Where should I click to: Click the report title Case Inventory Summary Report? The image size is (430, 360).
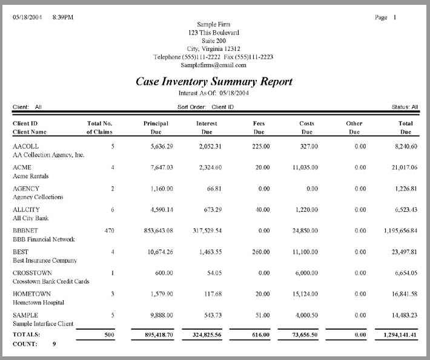(214, 82)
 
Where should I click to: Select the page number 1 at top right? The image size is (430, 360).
(395, 18)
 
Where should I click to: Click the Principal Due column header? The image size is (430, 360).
(156, 127)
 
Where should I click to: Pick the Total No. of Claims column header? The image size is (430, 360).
(100, 127)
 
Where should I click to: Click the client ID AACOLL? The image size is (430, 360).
(25, 146)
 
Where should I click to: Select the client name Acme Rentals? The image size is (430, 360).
(30, 176)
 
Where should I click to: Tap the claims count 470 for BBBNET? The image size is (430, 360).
(109, 231)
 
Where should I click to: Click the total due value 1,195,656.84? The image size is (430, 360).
(400, 231)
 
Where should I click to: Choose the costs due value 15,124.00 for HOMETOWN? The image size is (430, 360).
(303, 294)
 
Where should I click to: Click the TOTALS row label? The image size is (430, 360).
(25, 334)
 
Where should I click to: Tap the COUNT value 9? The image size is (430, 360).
(55, 344)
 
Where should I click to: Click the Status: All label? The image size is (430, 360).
(405, 107)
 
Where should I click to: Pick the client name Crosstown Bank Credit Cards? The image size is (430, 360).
(50, 281)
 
